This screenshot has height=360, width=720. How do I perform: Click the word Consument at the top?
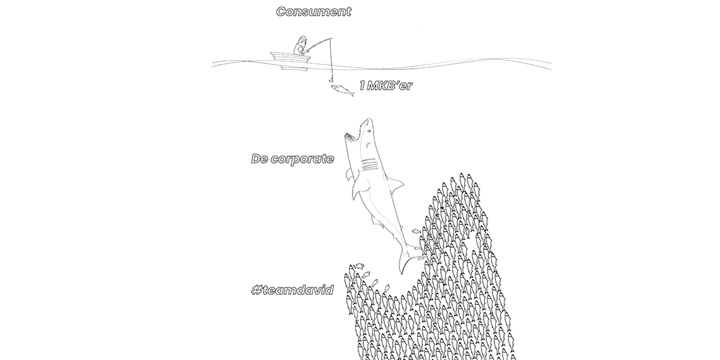(x=313, y=12)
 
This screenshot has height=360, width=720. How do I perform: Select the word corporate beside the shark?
(x=302, y=159)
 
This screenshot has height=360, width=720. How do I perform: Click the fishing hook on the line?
(x=332, y=79)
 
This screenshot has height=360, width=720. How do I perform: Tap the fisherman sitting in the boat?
(x=300, y=47)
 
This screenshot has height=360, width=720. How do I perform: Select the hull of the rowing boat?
(x=291, y=58)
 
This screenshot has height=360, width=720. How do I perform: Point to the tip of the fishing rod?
(x=331, y=38)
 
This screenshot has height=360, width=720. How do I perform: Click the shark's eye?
(x=364, y=128)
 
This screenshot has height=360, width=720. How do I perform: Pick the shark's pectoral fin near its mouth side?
(x=349, y=176)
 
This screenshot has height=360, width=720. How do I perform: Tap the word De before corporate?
(x=259, y=159)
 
